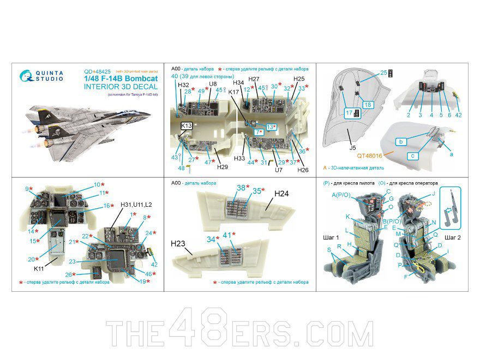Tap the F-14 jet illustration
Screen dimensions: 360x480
coord(88,128)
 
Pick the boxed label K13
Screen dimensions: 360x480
coord(187,125)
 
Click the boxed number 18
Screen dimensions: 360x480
coord(368,105)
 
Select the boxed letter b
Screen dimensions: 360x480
coord(401,142)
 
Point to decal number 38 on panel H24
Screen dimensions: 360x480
coord(241,188)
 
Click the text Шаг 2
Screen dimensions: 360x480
coord(453,238)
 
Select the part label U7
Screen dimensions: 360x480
coord(279,170)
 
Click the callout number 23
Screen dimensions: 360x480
coord(72,261)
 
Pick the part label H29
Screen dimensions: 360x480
coord(222,167)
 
